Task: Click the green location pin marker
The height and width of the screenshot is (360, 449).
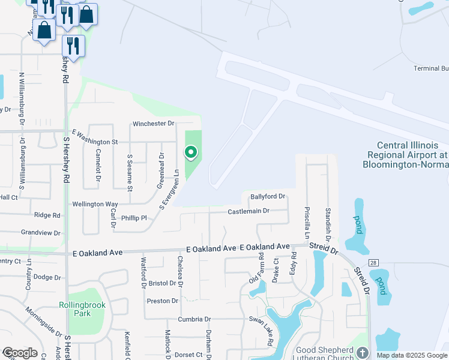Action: (x=191, y=153)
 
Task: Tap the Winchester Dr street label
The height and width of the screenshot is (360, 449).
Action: (x=153, y=124)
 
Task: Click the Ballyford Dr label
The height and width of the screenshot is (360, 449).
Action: (x=267, y=197)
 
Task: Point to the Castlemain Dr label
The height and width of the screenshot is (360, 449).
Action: (x=249, y=211)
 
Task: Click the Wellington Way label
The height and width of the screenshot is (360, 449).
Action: (x=95, y=204)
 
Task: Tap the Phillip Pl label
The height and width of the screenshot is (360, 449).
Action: (x=134, y=218)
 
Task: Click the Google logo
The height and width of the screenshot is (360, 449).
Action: (x=20, y=353)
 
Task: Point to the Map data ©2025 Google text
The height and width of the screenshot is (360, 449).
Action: (x=412, y=355)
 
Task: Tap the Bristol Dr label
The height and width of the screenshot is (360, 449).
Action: (x=162, y=283)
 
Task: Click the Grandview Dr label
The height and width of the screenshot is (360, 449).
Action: (x=41, y=232)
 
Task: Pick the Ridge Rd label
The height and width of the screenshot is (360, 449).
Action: (x=47, y=215)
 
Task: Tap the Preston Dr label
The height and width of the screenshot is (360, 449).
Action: (x=163, y=301)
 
